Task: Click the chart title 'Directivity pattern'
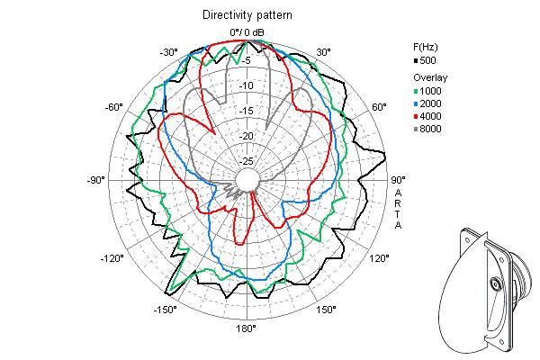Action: [247, 15]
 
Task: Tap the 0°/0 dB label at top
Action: [247, 31]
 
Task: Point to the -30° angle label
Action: [168, 52]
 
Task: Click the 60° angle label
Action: [379, 107]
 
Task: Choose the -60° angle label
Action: [113, 107]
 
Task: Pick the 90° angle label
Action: [398, 180]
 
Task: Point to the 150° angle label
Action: [327, 310]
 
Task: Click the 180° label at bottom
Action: [247, 328]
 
